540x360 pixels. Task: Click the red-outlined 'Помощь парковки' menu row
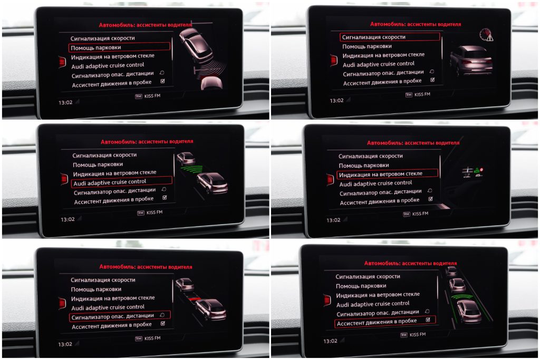tap(120, 47)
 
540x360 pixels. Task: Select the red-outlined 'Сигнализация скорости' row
tap(390, 37)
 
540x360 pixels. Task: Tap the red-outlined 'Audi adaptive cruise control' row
tap(122, 182)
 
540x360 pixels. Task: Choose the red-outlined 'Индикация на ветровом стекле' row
tap(388, 174)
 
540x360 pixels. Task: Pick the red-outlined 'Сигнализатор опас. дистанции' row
tap(120, 316)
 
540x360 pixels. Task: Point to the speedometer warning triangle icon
tap(487, 35)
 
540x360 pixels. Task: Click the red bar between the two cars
tap(195, 298)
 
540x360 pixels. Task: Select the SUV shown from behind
tap(471, 61)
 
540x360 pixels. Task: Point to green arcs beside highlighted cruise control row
tap(192, 169)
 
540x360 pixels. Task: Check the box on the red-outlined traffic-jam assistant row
tap(428, 320)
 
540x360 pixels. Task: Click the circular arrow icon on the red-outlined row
tap(162, 315)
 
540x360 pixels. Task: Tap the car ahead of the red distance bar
tap(185, 285)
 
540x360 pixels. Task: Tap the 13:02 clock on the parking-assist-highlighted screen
tap(65, 103)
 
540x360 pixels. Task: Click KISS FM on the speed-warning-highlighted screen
tap(422, 94)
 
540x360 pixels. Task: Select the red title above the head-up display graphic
tap(413, 142)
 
